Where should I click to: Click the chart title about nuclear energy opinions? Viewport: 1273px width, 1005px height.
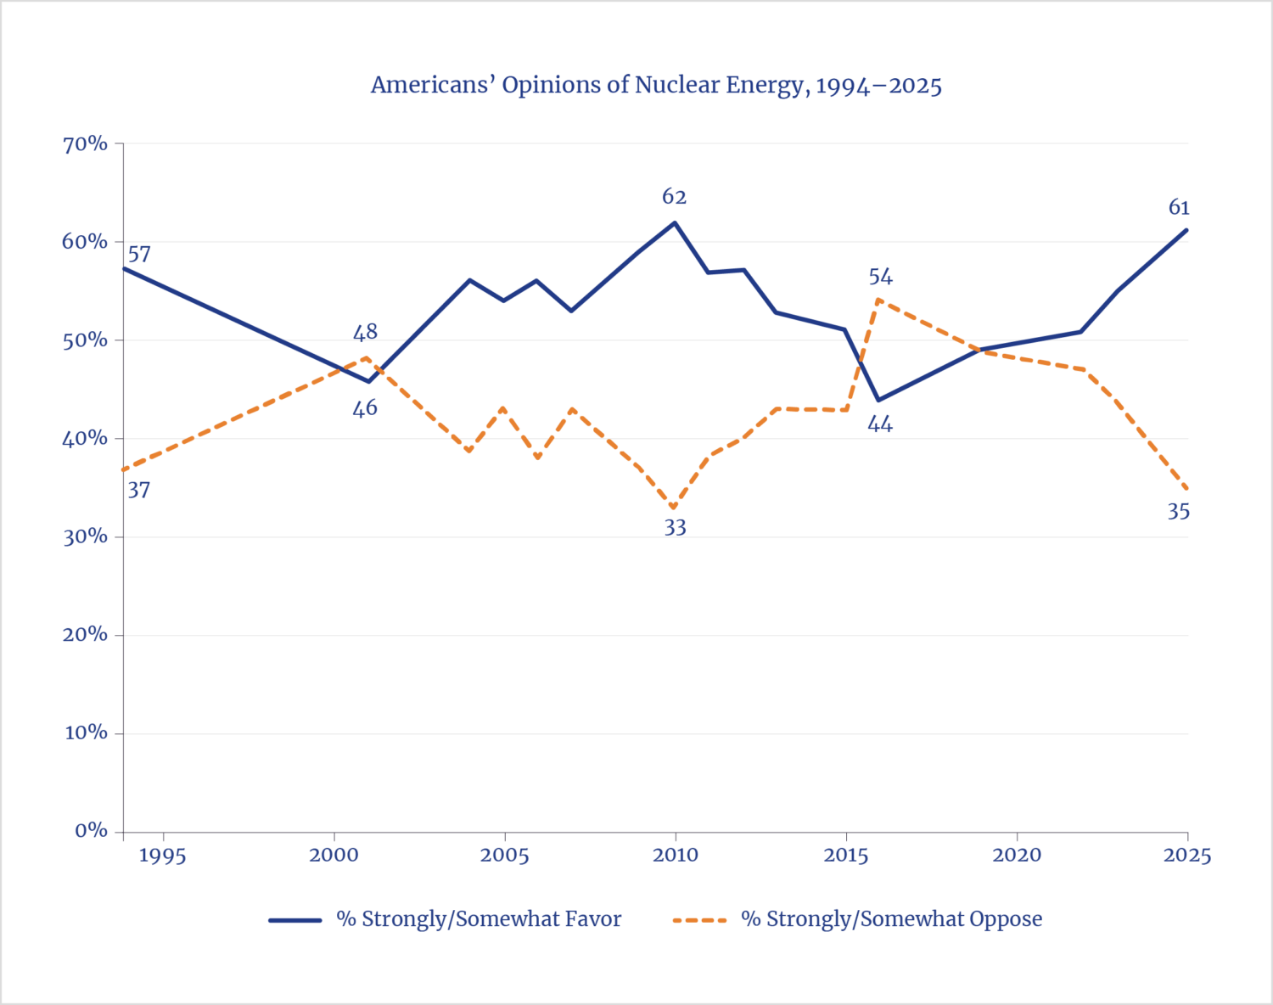[656, 86]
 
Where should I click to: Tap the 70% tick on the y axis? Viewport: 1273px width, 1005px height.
[85, 143]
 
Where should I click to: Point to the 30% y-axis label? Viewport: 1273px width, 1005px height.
[85, 536]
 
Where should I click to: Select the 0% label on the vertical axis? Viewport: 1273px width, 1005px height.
[91, 830]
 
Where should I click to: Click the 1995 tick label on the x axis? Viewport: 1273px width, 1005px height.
[162, 855]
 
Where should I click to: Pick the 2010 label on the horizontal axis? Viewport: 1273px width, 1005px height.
[675, 855]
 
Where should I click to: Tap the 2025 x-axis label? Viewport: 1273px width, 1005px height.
[1186, 855]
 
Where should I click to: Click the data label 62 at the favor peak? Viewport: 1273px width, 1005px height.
[674, 197]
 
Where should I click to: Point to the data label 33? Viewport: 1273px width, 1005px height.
[675, 527]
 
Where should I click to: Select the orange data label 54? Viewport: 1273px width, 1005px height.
[880, 277]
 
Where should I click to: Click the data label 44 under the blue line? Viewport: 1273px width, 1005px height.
[880, 424]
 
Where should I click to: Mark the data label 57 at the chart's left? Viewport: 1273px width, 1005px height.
[138, 254]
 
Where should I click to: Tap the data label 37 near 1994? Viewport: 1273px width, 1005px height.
[138, 490]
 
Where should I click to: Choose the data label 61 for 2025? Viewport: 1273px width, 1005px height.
[1179, 207]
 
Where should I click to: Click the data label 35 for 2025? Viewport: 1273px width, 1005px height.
[1178, 511]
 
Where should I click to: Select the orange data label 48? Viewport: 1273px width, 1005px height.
[365, 332]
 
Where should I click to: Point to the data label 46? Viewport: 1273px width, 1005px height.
[365, 408]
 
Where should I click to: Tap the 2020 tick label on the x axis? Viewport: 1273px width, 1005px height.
[1016, 855]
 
